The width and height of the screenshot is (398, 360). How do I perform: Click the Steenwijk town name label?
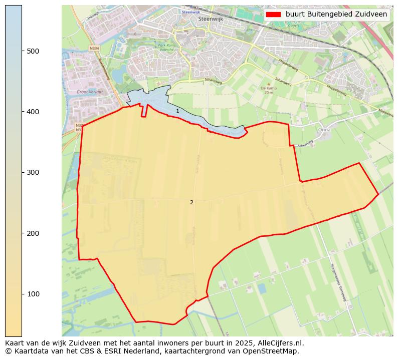pos(210,19)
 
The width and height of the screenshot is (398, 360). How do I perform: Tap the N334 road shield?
pos(94,48)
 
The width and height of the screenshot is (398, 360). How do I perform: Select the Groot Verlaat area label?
pos(90,92)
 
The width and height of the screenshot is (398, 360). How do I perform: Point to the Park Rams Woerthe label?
pos(166,48)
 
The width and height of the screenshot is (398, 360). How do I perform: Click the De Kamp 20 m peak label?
pos(269,90)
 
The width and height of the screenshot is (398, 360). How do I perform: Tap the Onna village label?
pos(324,129)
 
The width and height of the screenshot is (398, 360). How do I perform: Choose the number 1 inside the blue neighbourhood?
pos(177,111)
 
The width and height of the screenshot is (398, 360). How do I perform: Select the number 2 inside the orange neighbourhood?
pos(191,202)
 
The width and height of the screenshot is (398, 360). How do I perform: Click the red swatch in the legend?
pos(274,14)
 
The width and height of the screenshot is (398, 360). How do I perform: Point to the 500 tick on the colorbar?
pos(33,51)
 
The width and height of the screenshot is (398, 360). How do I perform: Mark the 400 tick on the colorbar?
pos(33,112)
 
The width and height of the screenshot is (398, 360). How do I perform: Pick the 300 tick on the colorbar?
pos(33,172)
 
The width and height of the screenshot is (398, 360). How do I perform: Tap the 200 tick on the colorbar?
pos(33,233)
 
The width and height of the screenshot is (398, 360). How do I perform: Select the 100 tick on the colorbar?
pos(33,294)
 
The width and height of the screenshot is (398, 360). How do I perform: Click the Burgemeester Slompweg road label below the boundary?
pos(339,282)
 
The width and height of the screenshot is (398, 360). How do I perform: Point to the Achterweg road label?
pos(305,146)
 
